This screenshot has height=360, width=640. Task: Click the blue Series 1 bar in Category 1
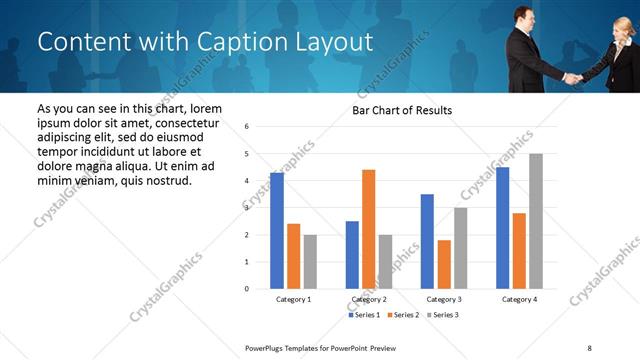277,230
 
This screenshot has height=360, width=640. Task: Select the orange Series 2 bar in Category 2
368,229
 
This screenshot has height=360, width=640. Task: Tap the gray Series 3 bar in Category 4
536,221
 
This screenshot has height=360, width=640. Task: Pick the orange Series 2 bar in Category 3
444,264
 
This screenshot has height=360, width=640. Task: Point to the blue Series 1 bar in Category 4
502,228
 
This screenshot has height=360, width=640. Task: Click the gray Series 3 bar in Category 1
310,261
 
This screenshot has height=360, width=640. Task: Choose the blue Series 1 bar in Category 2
352,255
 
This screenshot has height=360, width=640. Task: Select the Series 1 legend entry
364,315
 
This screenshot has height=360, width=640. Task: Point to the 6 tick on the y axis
246,127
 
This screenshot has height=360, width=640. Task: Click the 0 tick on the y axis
246,289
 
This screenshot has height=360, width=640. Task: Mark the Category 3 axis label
444,299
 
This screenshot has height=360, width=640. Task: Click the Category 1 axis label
293,299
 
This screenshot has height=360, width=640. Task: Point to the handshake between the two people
572,77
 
